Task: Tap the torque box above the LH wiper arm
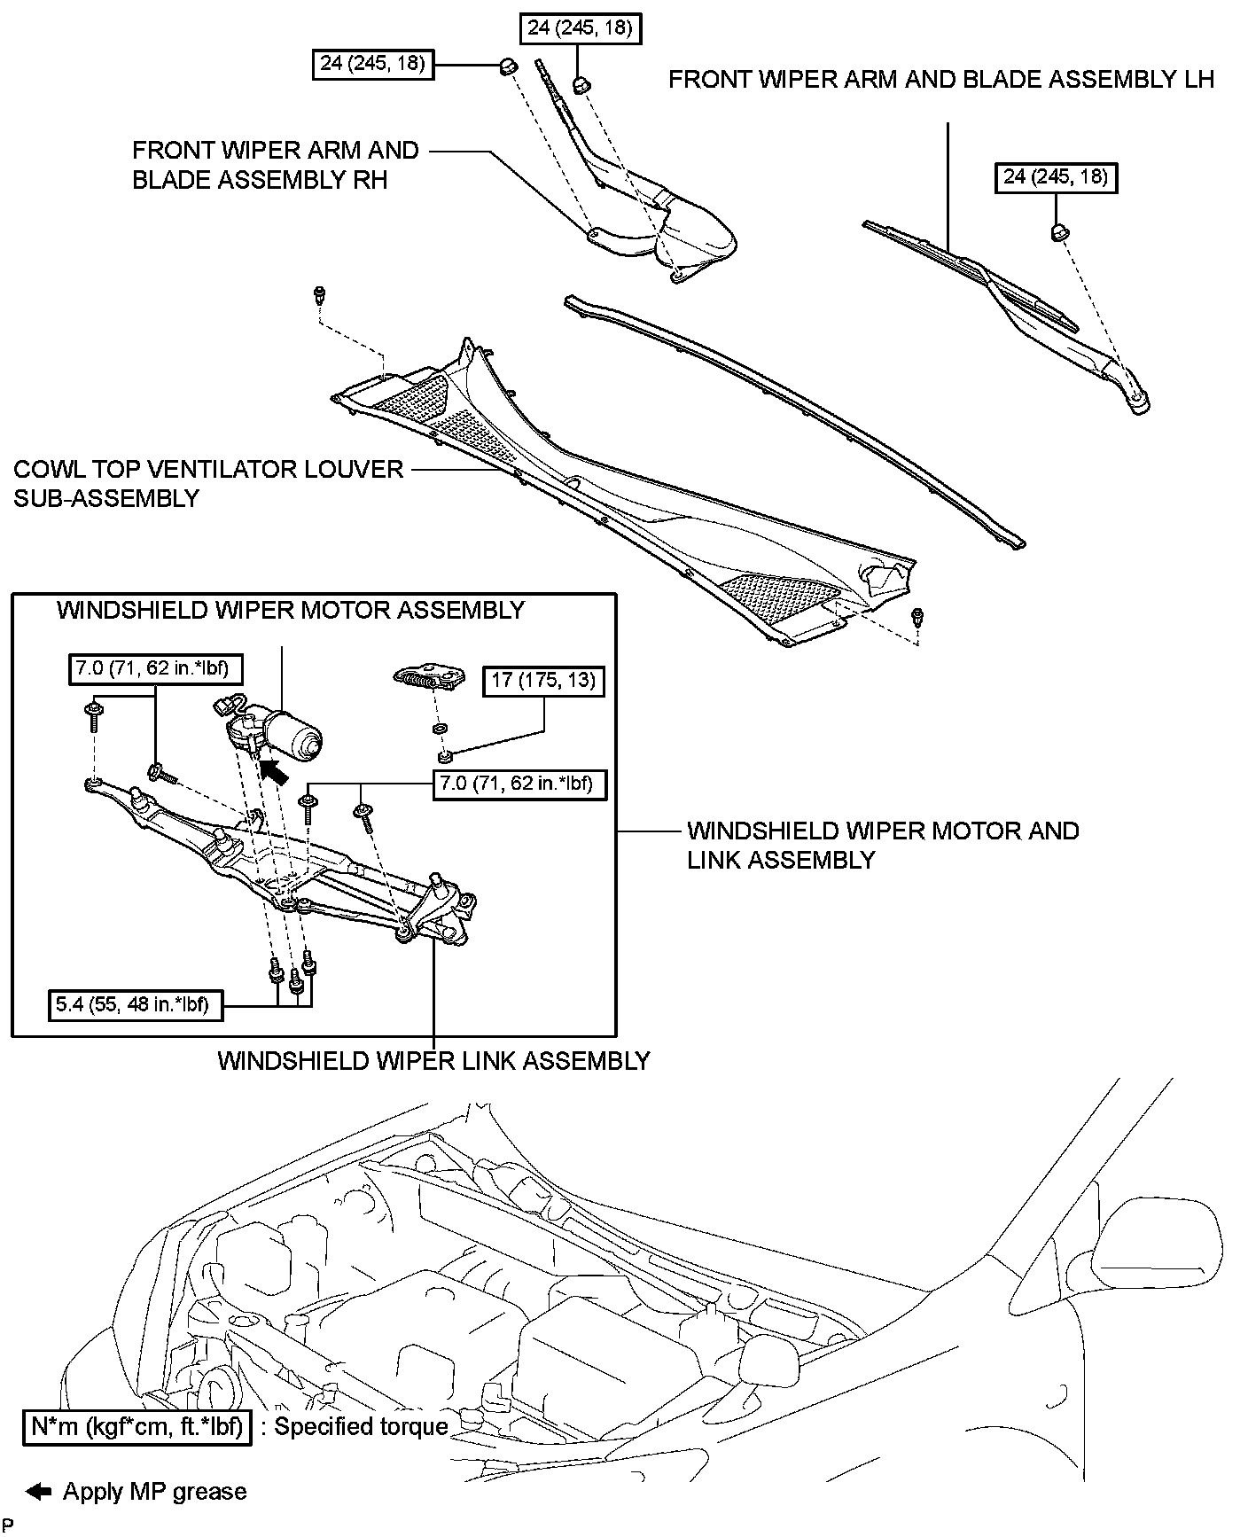pos(1055,177)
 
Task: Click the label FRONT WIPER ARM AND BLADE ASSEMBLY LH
pos(940,80)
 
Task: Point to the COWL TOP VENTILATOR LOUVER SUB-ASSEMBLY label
pos(208,483)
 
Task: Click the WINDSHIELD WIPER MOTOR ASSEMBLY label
pos(291,611)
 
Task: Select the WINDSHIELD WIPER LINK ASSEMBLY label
pos(433,1061)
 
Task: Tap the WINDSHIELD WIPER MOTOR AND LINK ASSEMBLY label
pos(883,845)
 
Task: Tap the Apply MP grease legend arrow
pos(40,1493)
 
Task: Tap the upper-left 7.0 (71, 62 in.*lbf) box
pos(157,668)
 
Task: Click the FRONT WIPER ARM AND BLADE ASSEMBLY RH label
pos(275,165)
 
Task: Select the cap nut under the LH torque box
pos(1058,233)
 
